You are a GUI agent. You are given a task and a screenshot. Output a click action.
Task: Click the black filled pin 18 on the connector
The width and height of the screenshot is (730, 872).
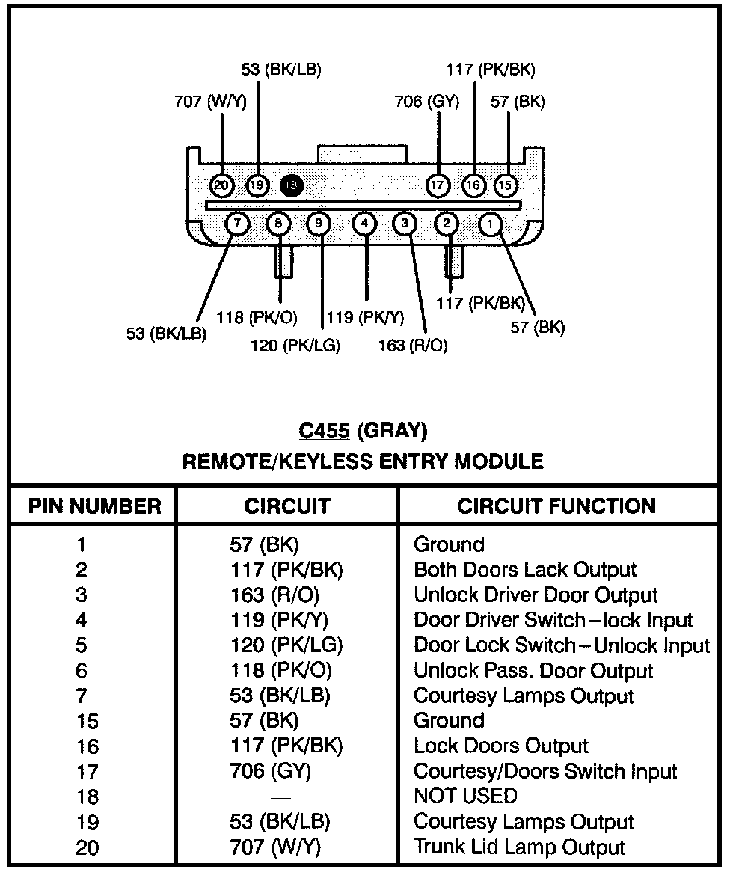pyautogui.click(x=292, y=185)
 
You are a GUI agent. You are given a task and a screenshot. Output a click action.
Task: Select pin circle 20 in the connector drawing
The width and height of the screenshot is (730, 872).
pyautogui.click(x=221, y=185)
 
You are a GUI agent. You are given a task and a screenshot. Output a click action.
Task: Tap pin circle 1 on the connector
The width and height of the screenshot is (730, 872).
pyautogui.click(x=491, y=223)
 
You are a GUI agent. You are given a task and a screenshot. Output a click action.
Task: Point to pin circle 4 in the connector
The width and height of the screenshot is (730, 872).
pyautogui.click(x=364, y=223)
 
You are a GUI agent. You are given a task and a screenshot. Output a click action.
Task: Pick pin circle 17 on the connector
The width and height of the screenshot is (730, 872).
pyautogui.click(x=438, y=185)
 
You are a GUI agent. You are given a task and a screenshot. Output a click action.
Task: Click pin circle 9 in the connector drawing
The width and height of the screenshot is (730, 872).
pyautogui.click(x=319, y=223)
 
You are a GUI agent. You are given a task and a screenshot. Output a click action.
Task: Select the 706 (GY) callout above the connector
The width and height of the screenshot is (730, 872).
pyautogui.click(x=426, y=102)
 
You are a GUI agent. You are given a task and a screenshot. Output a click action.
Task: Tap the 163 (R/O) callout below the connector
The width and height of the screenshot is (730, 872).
pyautogui.click(x=414, y=346)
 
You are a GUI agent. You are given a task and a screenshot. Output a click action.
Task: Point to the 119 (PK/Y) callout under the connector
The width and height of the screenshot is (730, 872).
pyautogui.click(x=366, y=317)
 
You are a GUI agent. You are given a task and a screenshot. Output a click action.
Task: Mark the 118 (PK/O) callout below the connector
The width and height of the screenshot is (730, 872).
pyautogui.click(x=257, y=317)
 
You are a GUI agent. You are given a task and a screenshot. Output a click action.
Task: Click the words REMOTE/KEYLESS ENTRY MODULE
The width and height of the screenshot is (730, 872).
pyautogui.click(x=364, y=461)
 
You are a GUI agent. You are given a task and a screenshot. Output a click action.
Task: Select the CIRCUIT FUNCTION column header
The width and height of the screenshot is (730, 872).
pyautogui.click(x=556, y=506)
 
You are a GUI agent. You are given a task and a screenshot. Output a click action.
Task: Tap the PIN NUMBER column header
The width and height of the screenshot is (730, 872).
pyautogui.click(x=95, y=506)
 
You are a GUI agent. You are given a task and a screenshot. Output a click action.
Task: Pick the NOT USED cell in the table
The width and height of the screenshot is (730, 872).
pyautogui.click(x=465, y=796)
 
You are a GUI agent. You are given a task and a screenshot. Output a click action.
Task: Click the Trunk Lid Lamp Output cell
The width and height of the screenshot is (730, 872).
pyautogui.click(x=519, y=847)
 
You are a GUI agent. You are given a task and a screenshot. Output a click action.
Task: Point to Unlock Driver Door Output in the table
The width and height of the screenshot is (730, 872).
pyautogui.click(x=536, y=595)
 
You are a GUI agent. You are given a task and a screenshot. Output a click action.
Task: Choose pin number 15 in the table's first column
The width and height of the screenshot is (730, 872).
pyautogui.click(x=88, y=722)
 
